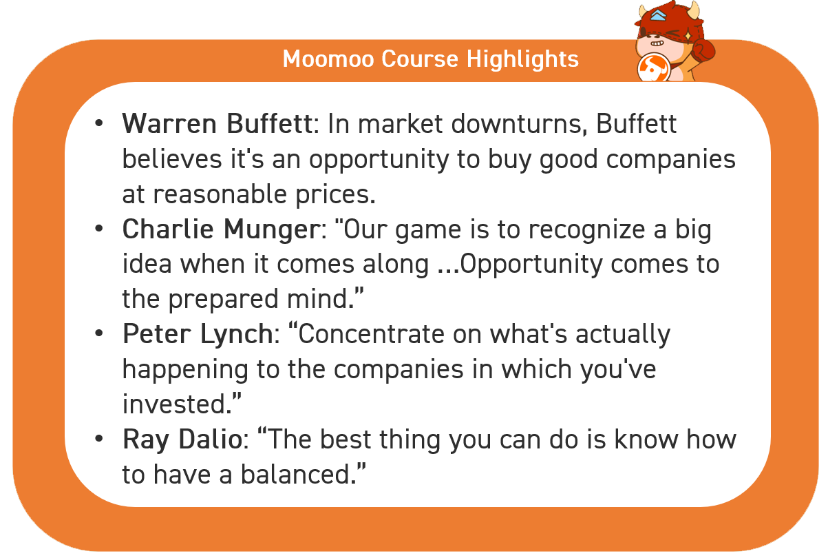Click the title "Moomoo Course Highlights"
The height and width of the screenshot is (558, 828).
coord(430,59)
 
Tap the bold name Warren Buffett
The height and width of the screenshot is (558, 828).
coord(217,123)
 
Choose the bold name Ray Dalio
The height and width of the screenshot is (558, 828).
coord(182,440)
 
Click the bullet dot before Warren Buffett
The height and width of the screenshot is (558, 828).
coord(98,123)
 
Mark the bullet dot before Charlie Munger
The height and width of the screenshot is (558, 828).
coord(98,228)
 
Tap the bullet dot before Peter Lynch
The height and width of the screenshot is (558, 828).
coord(98,333)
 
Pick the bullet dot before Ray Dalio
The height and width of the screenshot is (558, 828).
coord(98,439)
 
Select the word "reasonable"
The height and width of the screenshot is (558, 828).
coord(220,194)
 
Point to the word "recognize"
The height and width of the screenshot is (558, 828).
coord(586,230)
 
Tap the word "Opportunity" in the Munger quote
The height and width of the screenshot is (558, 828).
coord(531,265)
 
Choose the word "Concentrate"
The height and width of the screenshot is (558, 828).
coord(371,334)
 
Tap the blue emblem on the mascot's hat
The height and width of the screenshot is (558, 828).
coord(658,15)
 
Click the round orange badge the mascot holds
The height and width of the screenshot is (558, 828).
coord(654,68)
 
